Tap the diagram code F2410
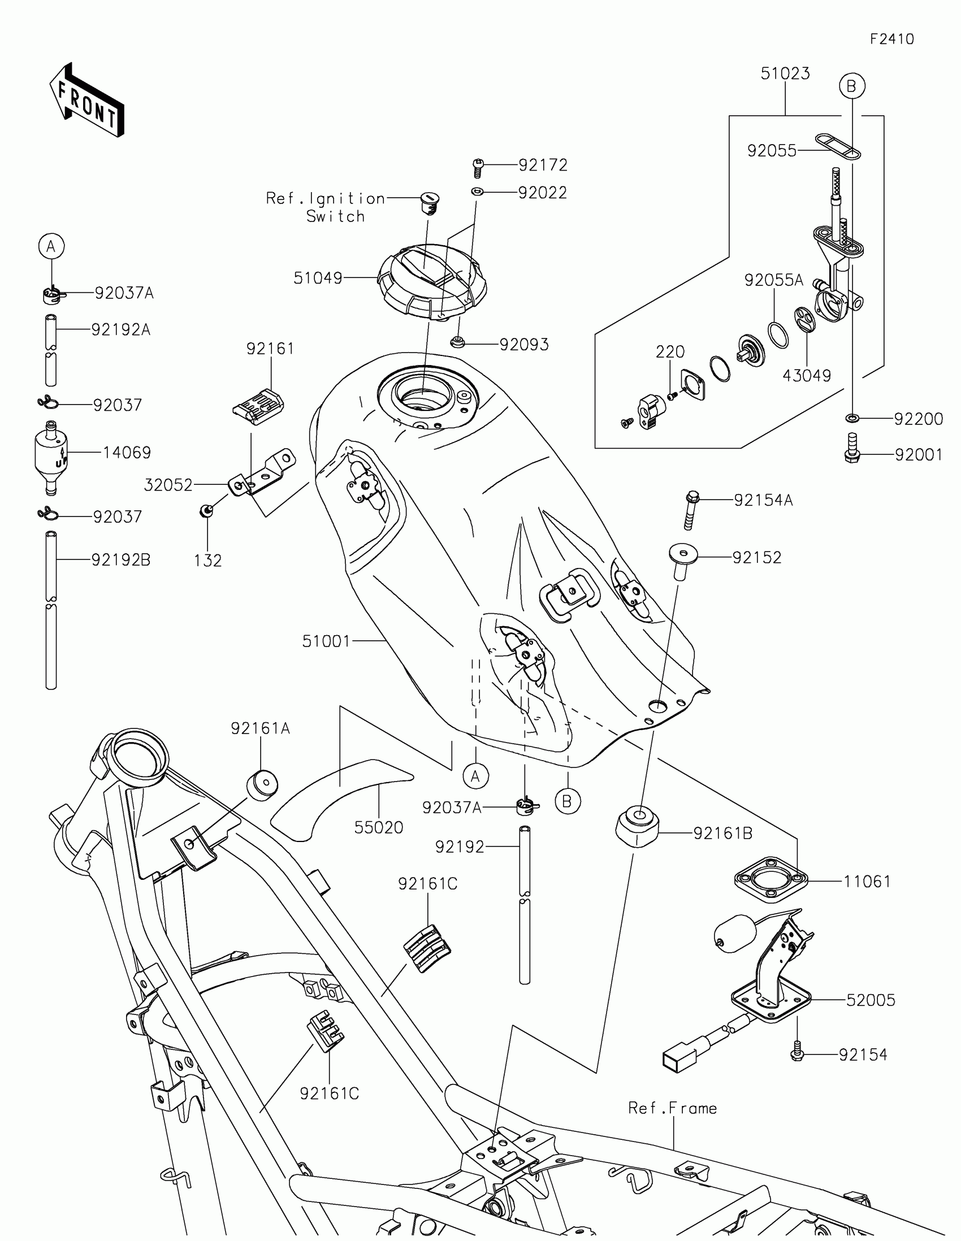(891, 39)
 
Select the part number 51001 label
(326, 641)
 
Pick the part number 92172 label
(543, 165)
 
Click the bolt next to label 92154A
(691, 510)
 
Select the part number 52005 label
(871, 1000)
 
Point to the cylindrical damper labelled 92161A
(262, 785)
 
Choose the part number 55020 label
(379, 827)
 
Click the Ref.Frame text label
(672, 1108)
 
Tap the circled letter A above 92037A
(51, 246)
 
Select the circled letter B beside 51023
(851, 86)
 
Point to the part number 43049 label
(807, 375)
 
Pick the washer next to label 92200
(852, 419)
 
